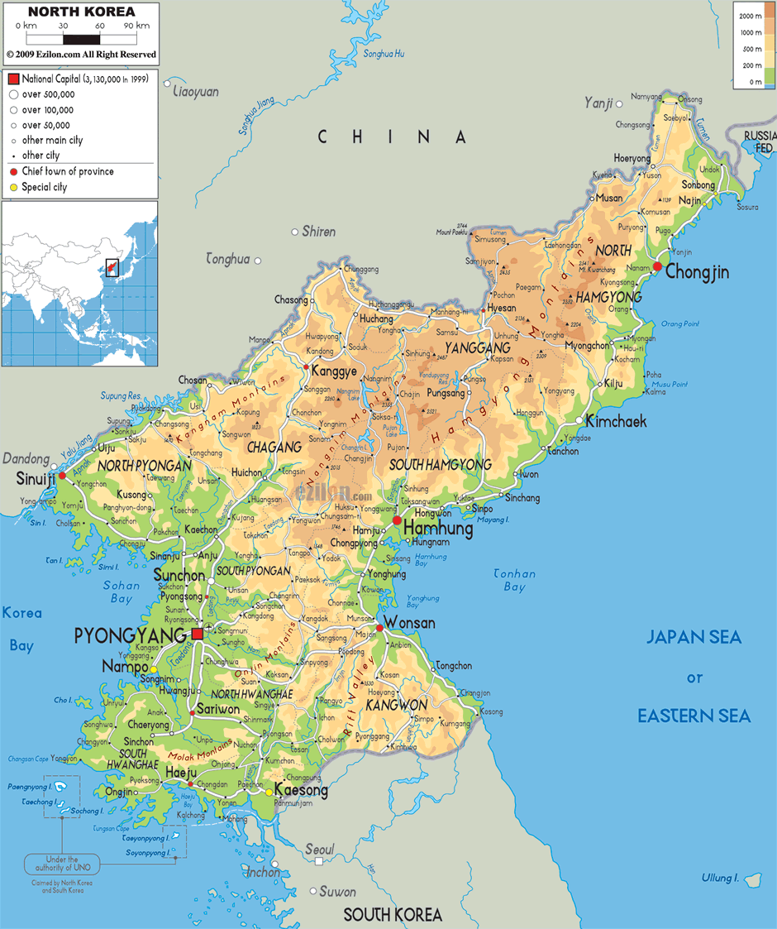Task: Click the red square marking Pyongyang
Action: [x=198, y=634]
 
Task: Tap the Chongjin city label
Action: [x=697, y=271]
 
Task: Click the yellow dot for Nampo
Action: [x=154, y=668]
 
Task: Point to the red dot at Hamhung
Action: [x=398, y=520]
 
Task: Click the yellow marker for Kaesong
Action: [x=269, y=792]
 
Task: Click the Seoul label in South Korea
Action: [x=319, y=850]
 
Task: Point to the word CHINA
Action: [x=393, y=137]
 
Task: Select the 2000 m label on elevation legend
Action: [x=751, y=16]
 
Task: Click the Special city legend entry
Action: [x=44, y=187]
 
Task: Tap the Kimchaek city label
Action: [x=616, y=421]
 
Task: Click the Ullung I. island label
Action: [x=719, y=878]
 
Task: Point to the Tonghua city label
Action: [x=227, y=259]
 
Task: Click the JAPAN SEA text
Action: [x=694, y=637]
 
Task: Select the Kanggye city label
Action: [x=335, y=371]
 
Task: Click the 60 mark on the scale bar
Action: [x=99, y=26]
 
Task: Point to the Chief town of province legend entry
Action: [x=67, y=171]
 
